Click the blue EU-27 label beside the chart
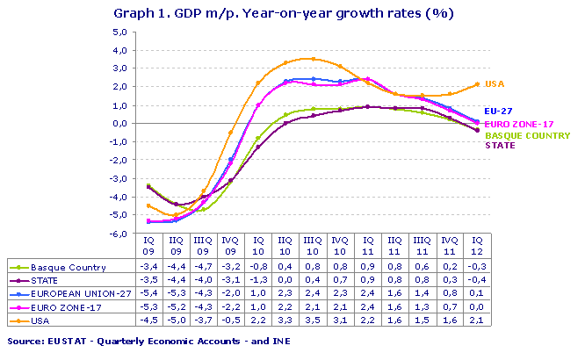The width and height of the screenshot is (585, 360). point(500,112)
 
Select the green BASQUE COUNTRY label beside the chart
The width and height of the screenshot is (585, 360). point(527,136)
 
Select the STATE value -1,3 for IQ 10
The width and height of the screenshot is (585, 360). point(258,279)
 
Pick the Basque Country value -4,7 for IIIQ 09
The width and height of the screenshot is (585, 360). point(203,267)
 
